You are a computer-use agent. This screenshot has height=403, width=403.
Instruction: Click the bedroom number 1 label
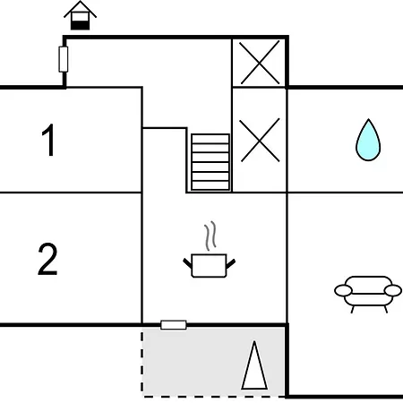49,140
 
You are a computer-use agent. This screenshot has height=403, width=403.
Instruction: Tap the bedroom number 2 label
47,259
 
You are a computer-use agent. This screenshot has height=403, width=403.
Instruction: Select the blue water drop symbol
368,141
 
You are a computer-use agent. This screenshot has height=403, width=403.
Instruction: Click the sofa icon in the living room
368,295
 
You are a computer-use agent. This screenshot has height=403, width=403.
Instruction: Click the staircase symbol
210,162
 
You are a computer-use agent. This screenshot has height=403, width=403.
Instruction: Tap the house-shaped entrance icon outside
80,15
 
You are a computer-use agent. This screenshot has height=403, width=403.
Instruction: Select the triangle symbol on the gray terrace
254,365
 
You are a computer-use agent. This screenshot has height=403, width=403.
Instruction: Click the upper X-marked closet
260,62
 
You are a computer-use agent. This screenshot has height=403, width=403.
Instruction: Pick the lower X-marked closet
260,140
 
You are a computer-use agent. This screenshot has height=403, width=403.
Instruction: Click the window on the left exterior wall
64,59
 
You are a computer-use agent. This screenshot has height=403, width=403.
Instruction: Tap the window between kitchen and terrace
174,325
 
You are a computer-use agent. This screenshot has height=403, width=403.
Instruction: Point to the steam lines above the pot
210,236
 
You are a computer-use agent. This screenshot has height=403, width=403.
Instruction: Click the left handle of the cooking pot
187,263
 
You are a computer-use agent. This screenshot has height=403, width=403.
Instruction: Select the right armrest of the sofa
393,290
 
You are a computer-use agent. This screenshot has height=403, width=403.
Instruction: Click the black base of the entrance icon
80,25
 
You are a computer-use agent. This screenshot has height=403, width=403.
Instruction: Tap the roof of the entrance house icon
80,9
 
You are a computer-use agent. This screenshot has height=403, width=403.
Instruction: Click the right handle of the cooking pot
231,263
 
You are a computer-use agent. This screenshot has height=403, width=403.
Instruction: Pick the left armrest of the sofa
343,290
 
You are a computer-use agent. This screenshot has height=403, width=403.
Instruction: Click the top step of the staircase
210,139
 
